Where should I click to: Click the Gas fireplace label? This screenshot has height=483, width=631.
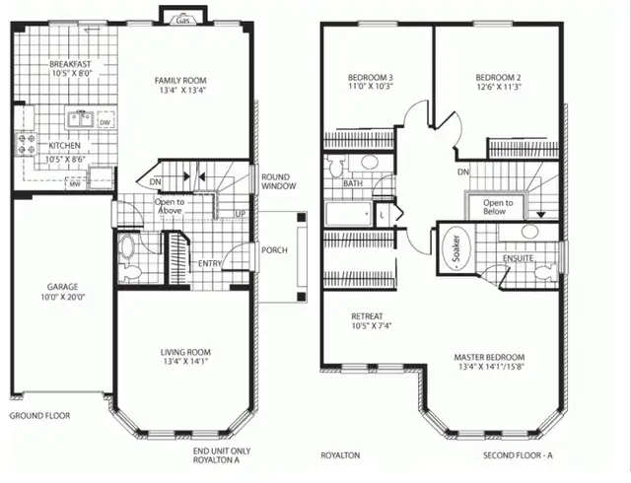tap(183, 20)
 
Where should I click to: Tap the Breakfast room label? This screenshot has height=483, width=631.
tap(70, 65)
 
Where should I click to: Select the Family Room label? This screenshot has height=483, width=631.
tap(185, 81)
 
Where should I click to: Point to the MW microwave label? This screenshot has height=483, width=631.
tap(74, 182)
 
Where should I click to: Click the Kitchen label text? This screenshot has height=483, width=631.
tap(63, 146)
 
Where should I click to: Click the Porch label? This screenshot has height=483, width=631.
tap(274, 250)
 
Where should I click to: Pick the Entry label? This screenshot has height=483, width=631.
tap(210, 263)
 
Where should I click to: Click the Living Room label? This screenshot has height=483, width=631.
tap(185, 352)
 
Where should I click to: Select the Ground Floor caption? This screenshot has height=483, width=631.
tap(39, 416)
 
